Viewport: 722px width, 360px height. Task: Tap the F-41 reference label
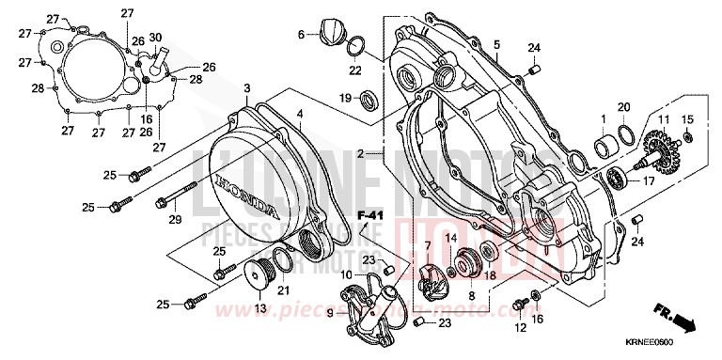pos(373,218)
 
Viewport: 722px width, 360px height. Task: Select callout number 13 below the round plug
pos(259,307)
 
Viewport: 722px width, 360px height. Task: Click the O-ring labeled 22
pos(357,46)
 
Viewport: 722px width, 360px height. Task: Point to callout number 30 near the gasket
pos(155,37)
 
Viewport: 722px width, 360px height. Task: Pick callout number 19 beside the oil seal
pos(345,97)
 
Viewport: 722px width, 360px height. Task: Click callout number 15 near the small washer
pos(686,119)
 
